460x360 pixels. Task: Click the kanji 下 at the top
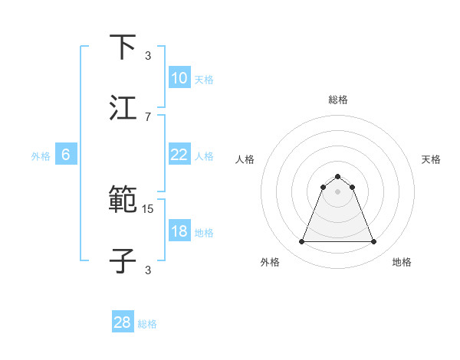pos(123,47)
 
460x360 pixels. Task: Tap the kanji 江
pos(123,107)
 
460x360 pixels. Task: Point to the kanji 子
pos(123,260)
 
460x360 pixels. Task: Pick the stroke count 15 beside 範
pos(148,208)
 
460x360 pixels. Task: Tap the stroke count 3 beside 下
pos(148,55)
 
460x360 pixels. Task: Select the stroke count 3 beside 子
pos(148,269)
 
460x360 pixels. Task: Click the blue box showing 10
pos(179,78)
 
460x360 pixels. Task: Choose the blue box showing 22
pos(179,155)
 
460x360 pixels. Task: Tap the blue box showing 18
pos(179,231)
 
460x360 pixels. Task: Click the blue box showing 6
pos(66,155)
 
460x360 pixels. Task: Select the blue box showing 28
pos(122,322)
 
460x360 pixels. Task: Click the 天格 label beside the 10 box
pos(204,80)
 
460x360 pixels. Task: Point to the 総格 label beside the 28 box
pos(147,324)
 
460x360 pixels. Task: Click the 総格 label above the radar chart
pos(337,100)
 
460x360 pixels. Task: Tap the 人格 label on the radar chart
pos(245,159)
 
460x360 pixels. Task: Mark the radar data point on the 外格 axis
pos(301,242)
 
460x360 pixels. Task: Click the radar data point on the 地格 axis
pos(373,242)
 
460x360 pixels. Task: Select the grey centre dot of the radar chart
pos(337,191)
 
